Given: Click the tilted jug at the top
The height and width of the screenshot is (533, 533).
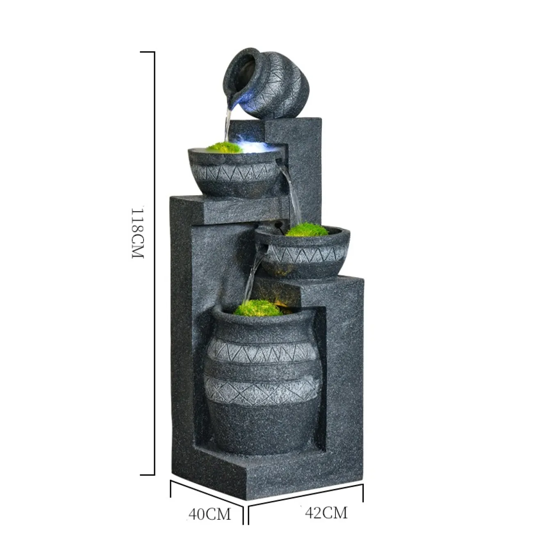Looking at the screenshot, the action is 266,82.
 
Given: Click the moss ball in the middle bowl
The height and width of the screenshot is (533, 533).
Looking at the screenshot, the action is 307,230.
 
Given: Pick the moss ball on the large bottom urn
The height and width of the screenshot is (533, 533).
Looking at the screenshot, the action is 258,308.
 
